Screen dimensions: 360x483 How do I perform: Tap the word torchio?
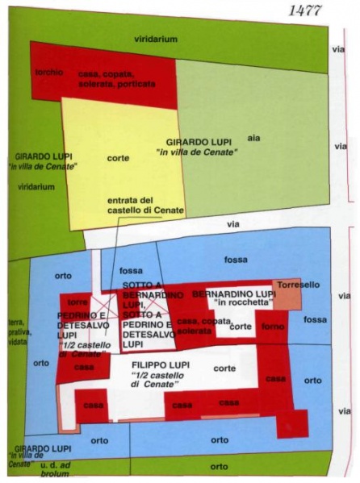pos(48,73)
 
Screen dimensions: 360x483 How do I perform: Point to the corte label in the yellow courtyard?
pos(119,158)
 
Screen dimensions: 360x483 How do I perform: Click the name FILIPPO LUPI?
pos(161,365)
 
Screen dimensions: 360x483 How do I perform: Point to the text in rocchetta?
pos(242,304)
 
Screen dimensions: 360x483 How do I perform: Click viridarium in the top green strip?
pos(156,38)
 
